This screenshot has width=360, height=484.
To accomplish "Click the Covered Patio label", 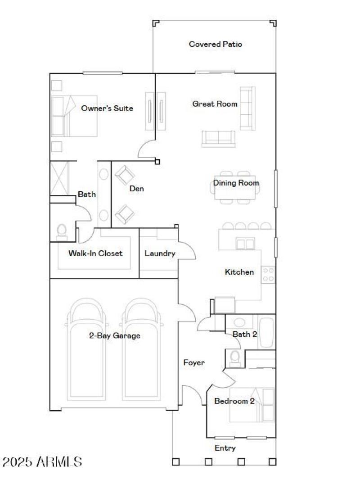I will click(x=215, y=44).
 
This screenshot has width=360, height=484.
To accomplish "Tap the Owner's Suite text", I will click(x=107, y=109).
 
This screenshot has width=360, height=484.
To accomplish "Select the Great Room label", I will click(x=215, y=104).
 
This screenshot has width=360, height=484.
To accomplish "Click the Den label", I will click(x=137, y=189).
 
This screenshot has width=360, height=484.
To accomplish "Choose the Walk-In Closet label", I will click(x=95, y=253).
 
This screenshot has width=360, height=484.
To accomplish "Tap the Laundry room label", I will click(x=160, y=253).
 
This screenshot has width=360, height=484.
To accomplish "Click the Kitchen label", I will click(x=239, y=272).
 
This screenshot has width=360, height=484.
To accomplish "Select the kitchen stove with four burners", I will click(x=269, y=275).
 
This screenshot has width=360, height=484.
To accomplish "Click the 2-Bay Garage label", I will click(x=114, y=335).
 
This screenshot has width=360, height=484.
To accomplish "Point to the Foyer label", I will click(x=194, y=362).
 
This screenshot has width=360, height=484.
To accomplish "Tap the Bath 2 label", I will click(x=245, y=334).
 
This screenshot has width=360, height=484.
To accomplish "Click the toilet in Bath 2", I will click(x=234, y=357).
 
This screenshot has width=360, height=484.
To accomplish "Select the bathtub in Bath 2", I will click(x=266, y=333).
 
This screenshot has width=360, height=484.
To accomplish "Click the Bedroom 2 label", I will click(x=234, y=401).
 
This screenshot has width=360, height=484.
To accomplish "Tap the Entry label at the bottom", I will click(x=225, y=448).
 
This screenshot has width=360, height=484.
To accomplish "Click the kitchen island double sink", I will click(x=246, y=244).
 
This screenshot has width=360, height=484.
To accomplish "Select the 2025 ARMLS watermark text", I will click(x=42, y=461).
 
